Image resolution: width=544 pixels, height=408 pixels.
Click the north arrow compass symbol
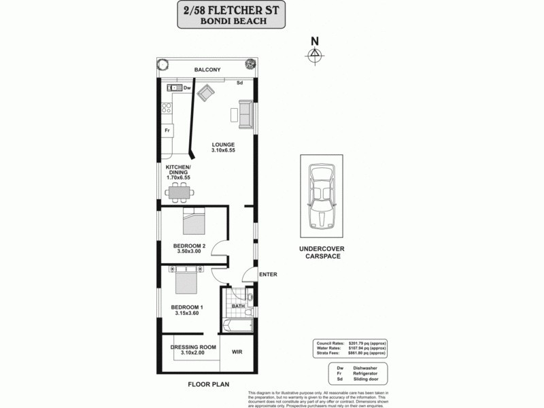(x=314, y=55)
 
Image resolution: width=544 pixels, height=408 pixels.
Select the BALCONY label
(x=207, y=70)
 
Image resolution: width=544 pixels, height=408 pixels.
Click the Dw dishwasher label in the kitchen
(x=186, y=88)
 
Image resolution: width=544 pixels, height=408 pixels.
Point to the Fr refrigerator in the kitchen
(x=167, y=130)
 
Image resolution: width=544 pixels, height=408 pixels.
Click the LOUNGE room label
(x=222, y=145)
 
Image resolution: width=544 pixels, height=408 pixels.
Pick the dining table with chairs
(x=179, y=192)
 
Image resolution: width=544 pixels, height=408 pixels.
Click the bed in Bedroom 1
(x=185, y=279)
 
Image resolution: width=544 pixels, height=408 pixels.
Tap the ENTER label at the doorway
(x=269, y=274)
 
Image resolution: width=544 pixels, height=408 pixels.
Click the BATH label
(x=238, y=306)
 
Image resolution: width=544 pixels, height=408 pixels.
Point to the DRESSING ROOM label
(x=193, y=347)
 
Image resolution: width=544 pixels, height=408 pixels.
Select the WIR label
(x=237, y=352)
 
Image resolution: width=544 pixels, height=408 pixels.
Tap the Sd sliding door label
(x=240, y=83)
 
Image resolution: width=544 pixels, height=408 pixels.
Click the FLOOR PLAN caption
(x=208, y=384)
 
